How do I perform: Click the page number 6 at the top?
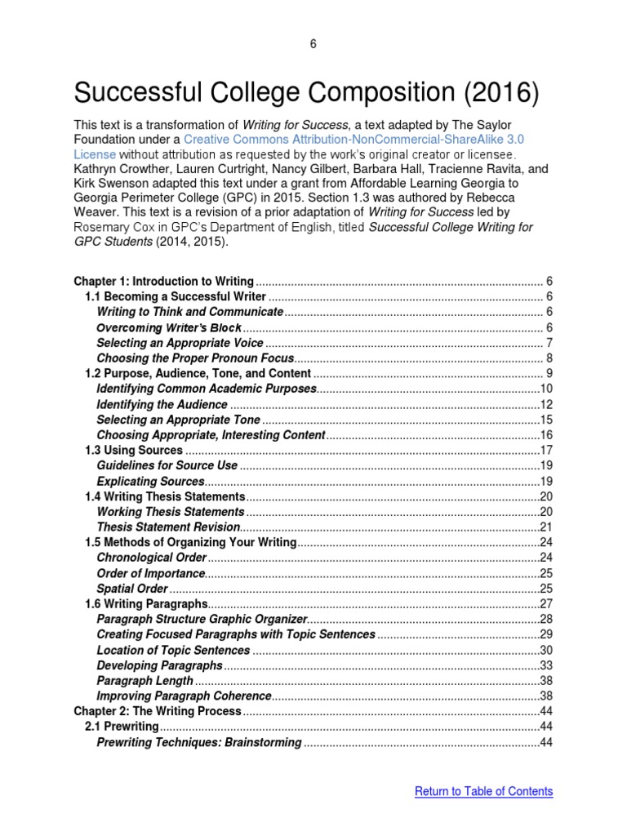(x=313, y=44)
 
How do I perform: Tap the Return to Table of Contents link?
(x=483, y=791)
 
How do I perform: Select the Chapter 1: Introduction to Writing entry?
(x=164, y=281)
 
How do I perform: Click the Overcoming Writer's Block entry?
(x=169, y=327)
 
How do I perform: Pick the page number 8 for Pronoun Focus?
(x=549, y=358)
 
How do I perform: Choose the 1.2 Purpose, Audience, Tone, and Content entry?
(x=198, y=373)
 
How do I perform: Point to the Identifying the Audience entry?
(x=162, y=404)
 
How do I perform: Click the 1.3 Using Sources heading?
(x=134, y=450)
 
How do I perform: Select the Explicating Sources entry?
(x=150, y=481)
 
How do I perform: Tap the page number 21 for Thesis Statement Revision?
(x=547, y=527)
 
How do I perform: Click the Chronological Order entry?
(x=151, y=558)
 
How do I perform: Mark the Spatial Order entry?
(x=133, y=589)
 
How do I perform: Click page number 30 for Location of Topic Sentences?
(x=547, y=650)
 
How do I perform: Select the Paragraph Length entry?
(x=145, y=681)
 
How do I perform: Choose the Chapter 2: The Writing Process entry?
(x=158, y=711)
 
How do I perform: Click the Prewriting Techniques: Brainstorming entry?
(x=199, y=742)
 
